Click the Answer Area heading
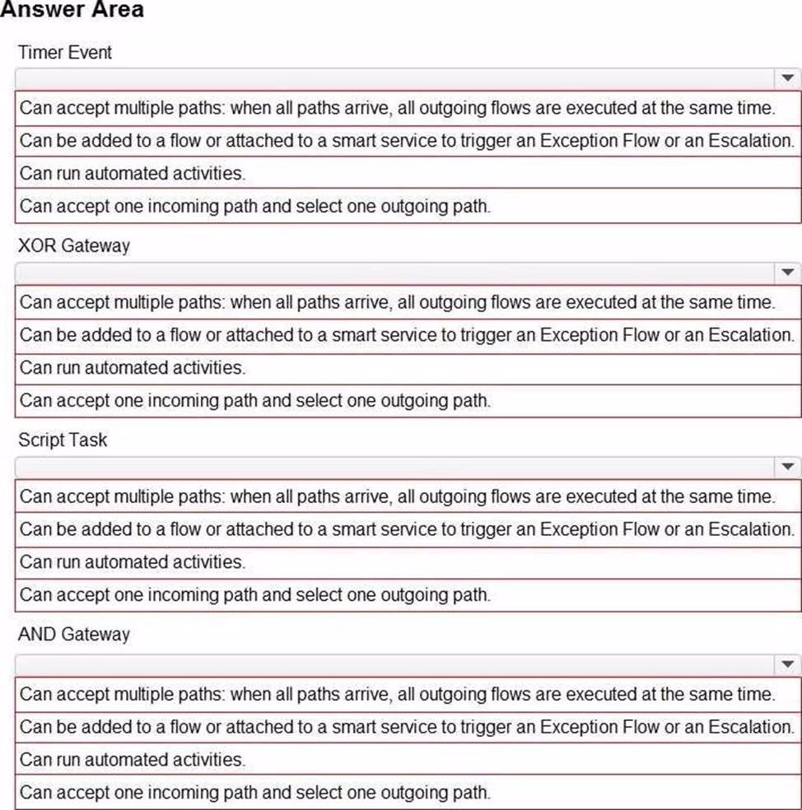click(x=72, y=10)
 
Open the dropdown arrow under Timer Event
click(x=787, y=78)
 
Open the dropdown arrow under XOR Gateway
click(x=787, y=272)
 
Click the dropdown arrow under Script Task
click(x=787, y=468)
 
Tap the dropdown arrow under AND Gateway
click(x=787, y=663)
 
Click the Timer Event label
click(x=65, y=53)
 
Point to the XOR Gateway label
click(x=74, y=246)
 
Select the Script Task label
click(x=63, y=440)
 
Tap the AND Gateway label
click(x=74, y=635)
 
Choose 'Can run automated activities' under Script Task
click(x=133, y=562)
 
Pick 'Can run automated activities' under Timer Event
click(x=133, y=173)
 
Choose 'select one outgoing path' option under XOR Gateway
click(x=255, y=401)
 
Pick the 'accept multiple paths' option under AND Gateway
click(x=397, y=694)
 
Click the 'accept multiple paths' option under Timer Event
click(x=397, y=108)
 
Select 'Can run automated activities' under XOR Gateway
click(x=133, y=368)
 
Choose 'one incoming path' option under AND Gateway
click(x=255, y=793)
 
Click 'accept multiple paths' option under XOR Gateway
click(x=397, y=302)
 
